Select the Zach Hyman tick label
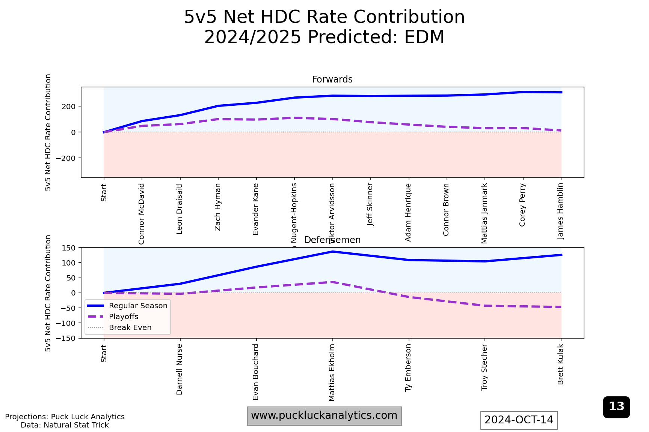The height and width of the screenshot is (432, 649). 218,207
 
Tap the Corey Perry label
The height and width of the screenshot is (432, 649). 522,205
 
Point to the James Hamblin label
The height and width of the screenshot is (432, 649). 561,211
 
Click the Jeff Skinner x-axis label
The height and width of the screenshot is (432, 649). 370,205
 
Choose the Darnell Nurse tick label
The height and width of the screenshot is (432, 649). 180,369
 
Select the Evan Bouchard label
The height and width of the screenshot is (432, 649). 256,372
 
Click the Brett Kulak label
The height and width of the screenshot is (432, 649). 561,364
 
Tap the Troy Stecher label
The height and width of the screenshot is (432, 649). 484,367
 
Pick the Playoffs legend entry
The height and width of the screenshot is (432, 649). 124,316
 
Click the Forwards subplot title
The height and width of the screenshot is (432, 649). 332,79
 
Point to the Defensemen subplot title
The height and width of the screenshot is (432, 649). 332,240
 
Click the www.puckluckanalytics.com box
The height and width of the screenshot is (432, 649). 324,415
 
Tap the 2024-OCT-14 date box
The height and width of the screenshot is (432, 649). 519,420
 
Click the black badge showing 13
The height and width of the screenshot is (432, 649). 616,406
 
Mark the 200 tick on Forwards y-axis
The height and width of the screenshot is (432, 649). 69,106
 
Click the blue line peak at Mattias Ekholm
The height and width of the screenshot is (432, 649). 332,252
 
